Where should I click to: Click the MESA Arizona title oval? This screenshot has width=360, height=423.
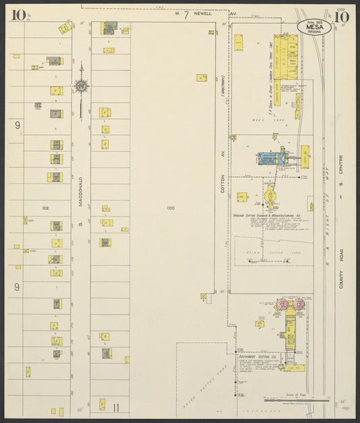point(314,27)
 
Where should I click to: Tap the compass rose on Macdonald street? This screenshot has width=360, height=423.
point(81,86)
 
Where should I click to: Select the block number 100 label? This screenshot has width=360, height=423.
point(170,208)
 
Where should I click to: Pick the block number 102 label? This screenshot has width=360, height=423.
point(45,208)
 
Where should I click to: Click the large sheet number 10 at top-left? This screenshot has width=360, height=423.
point(18,14)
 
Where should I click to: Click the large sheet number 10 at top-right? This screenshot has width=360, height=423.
point(342,15)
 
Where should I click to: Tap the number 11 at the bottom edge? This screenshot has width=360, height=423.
point(116,407)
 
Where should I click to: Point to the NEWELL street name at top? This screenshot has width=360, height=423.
point(207,13)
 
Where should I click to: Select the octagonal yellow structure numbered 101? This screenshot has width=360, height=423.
point(269,196)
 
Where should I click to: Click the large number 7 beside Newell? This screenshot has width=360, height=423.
point(186,13)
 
